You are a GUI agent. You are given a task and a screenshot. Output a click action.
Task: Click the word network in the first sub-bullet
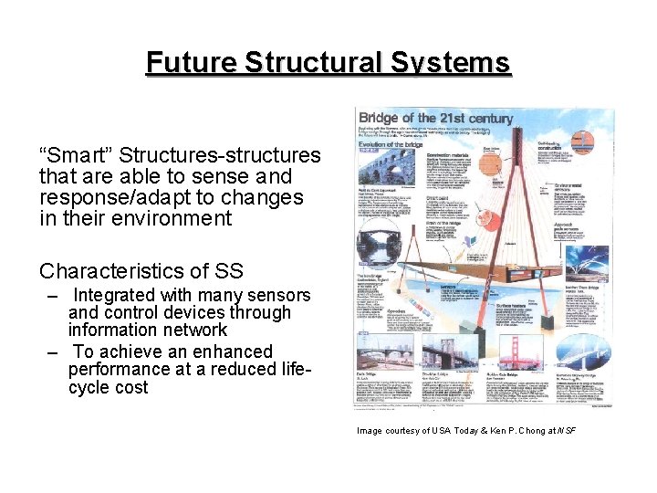(193, 330)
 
